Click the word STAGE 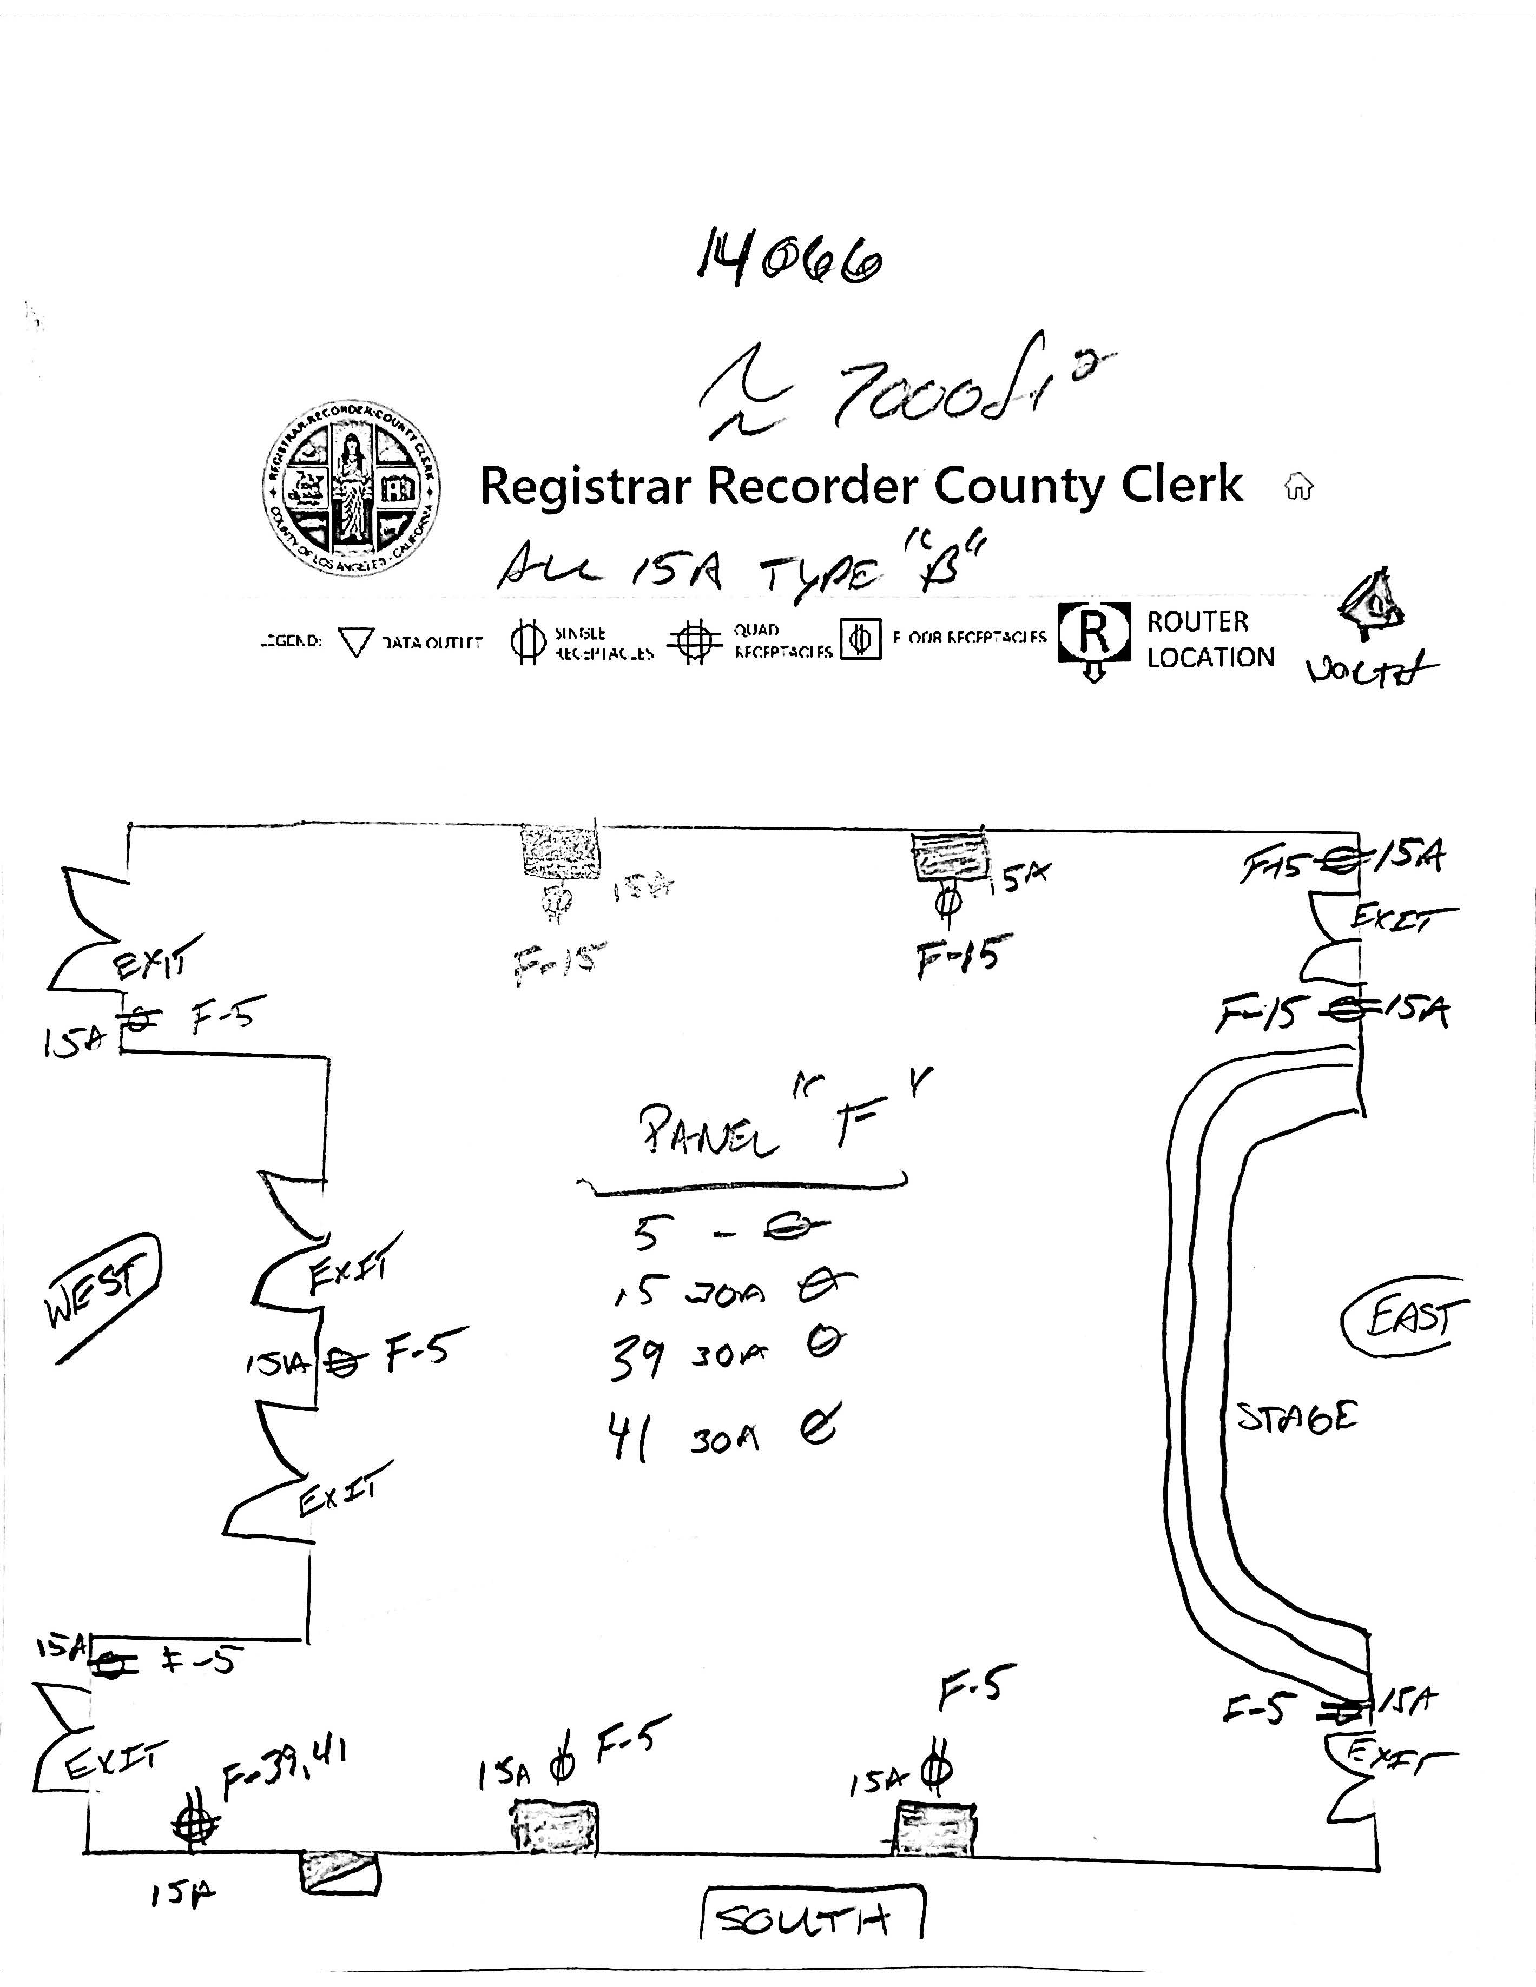[1297, 1416]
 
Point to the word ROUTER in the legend [1197, 622]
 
